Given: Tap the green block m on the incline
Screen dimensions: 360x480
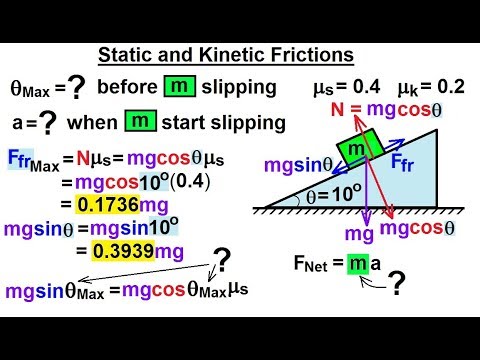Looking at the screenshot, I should click(356, 146).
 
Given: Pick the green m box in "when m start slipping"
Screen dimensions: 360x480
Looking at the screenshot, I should click(139, 126).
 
